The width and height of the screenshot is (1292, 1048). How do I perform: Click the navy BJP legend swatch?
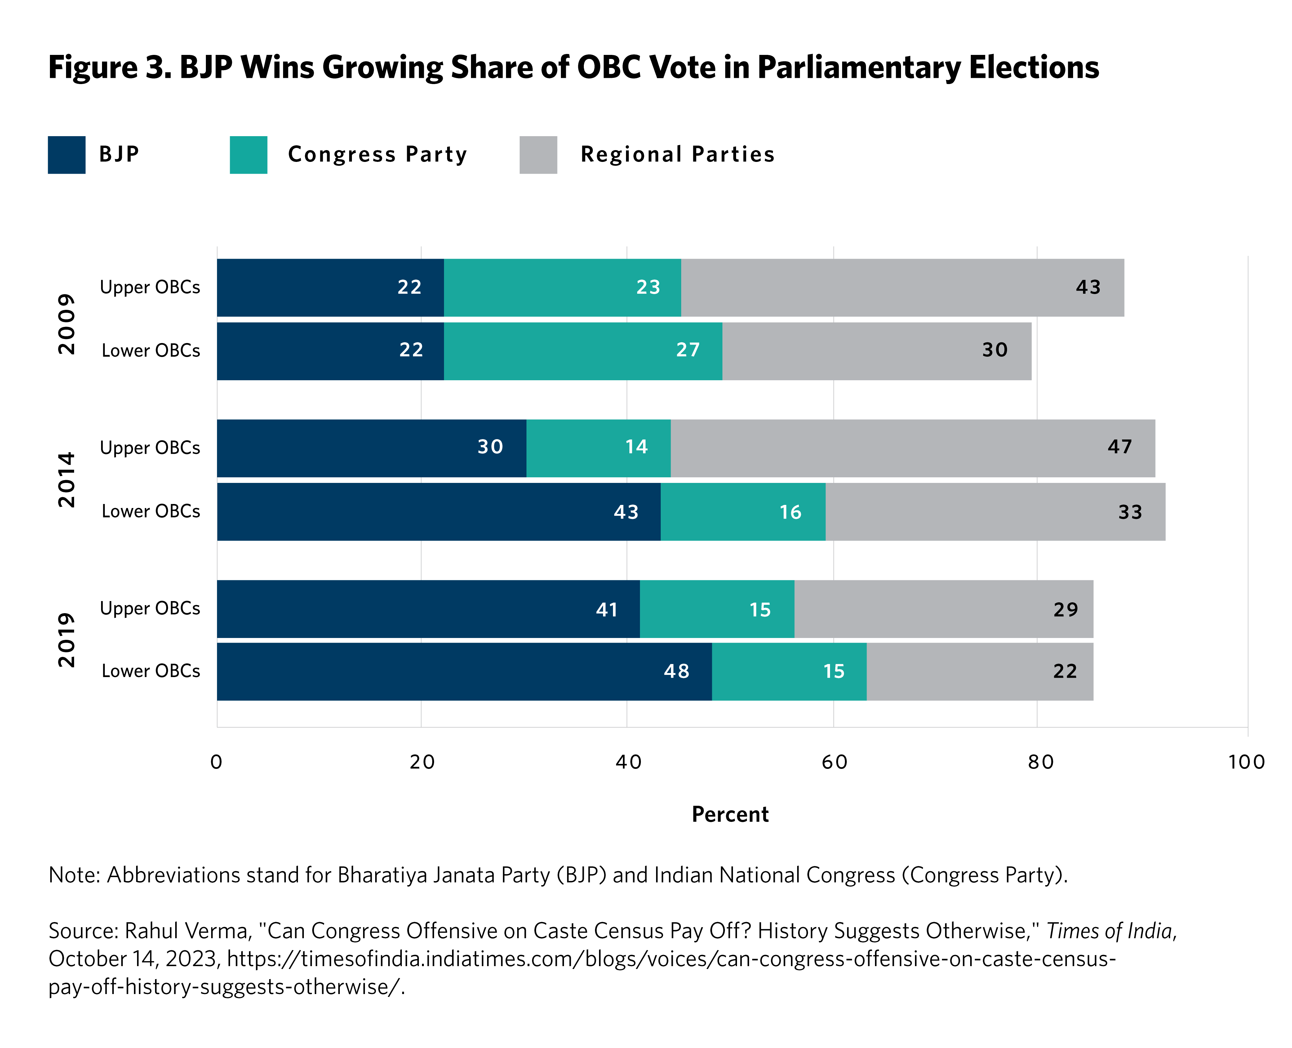click(66, 155)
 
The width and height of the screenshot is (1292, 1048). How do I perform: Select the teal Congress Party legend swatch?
click(248, 155)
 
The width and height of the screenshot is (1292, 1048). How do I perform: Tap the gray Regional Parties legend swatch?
click(538, 155)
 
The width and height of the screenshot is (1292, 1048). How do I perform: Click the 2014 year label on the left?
click(66, 480)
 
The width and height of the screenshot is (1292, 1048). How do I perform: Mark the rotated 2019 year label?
click(66, 640)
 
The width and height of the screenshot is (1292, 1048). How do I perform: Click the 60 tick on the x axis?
click(834, 762)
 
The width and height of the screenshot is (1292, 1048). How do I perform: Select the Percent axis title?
click(730, 814)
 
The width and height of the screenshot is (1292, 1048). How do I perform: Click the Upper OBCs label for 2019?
click(150, 609)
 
